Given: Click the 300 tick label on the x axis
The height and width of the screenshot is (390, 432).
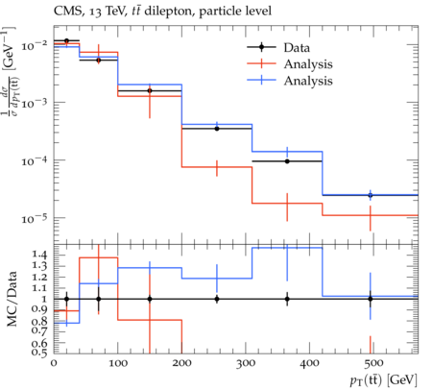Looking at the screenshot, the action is tap(246, 363).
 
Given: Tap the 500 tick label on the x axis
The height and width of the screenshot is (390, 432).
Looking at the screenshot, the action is tap(373, 363).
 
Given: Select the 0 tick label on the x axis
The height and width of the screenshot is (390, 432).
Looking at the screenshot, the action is tap(54, 363).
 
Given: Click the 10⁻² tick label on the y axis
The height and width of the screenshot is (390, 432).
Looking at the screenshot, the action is tap(34, 45).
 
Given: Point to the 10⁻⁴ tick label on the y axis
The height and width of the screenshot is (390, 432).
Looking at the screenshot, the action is tap(34, 160).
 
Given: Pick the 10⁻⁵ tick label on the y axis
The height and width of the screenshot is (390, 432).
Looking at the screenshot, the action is tap(34, 218).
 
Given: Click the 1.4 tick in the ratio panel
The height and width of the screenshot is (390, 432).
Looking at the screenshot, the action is tap(39, 256).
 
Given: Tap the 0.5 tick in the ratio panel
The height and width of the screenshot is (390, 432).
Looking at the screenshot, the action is tap(39, 353).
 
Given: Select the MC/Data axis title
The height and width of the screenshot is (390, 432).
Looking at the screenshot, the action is tap(12, 299).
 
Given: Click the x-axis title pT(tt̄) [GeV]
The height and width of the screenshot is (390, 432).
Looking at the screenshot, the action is tap(383, 380).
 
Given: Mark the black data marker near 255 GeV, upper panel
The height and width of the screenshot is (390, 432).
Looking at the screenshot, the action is tap(217, 129).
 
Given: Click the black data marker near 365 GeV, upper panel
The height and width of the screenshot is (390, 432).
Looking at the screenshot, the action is tap(287, 161).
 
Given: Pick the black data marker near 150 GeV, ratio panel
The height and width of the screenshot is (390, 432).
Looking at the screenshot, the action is tap(150, 299).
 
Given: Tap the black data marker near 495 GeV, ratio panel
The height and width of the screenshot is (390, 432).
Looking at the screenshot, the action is tap(371, 299).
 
